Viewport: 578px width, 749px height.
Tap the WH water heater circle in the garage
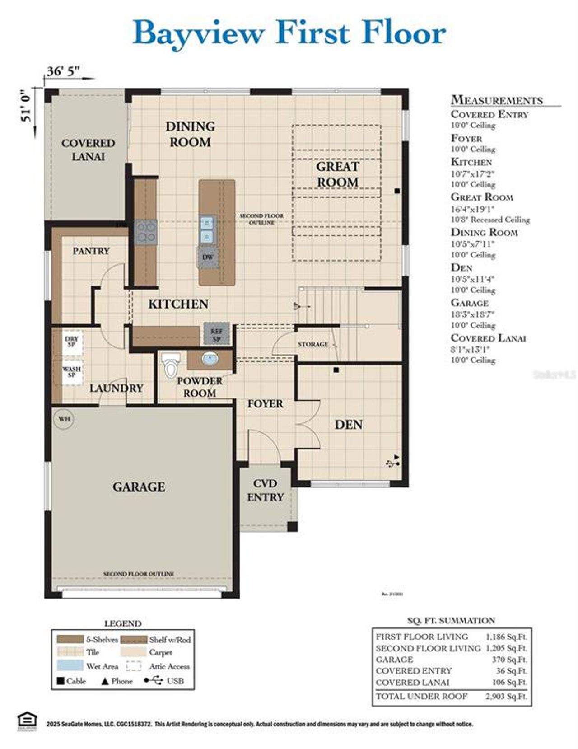(x=64, y=419)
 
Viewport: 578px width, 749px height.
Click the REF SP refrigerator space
(x=216, y=335)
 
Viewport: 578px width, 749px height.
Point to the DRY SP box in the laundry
(x=71, y=342)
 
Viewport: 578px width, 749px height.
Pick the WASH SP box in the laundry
(x=71, y=372)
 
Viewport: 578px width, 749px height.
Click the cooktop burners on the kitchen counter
(x=146, y=232)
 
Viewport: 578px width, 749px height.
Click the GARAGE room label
(x=139, y=487)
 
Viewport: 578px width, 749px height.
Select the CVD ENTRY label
(x=265, y=490)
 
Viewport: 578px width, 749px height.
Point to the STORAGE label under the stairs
(x=313, y=344)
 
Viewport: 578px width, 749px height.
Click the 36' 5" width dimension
(x=63, y=71)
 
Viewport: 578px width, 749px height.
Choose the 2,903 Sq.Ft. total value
(x=506, y=696)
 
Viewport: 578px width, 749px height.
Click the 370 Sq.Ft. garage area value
(x=509, y=660)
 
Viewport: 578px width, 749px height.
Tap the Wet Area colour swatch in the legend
(x=70, y=665)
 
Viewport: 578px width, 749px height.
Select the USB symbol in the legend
(x=154, y=680)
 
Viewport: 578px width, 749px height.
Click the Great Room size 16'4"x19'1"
(x=473, y=209)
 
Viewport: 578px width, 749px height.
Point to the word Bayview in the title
(x=199, y=33)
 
